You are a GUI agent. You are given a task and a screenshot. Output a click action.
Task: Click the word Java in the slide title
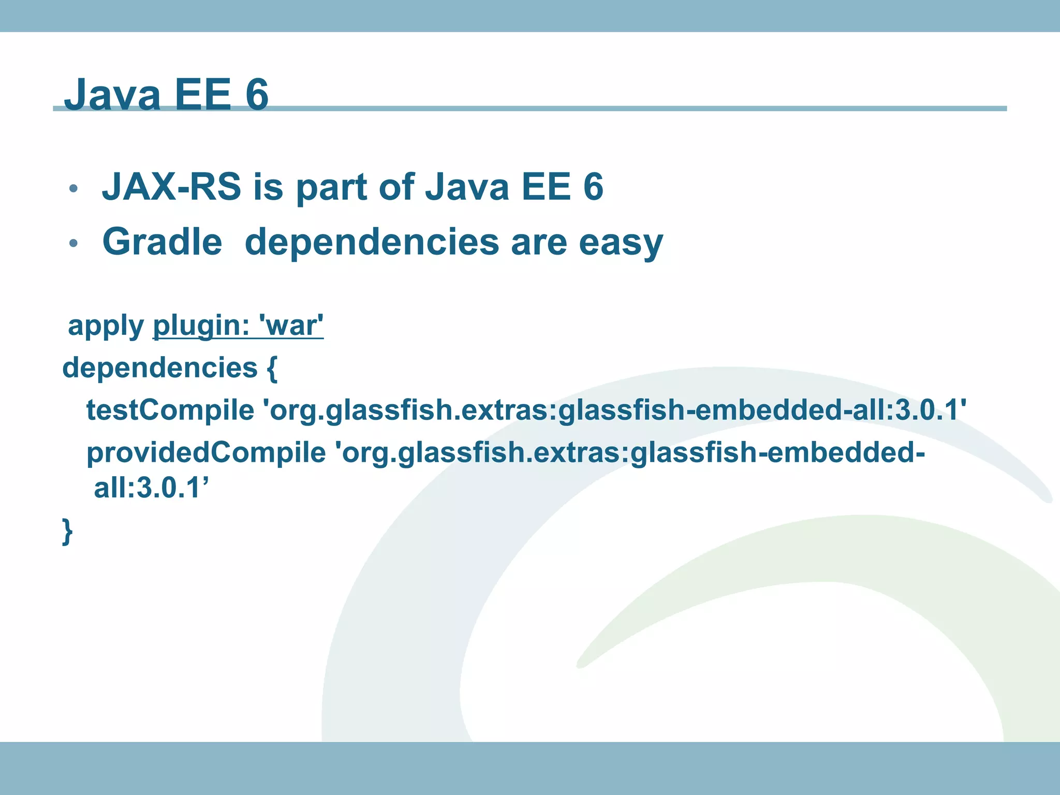point(112,94)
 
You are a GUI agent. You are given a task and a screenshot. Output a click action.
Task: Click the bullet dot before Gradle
point(73,243)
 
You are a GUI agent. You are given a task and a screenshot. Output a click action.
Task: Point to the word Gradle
point(162,242)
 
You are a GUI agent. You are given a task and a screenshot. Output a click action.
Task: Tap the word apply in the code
point(106,326)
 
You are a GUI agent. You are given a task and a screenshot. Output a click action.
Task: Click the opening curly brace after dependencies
point(272,369)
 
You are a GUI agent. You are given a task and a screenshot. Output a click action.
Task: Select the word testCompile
point(170,410)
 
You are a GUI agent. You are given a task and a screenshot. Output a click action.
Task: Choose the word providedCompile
point(205,453)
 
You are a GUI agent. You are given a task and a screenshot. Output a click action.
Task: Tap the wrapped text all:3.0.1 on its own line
point(150,488)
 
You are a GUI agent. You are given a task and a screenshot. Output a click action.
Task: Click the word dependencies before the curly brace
point(159,369)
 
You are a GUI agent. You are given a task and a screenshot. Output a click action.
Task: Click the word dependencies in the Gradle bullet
point(371,242)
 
